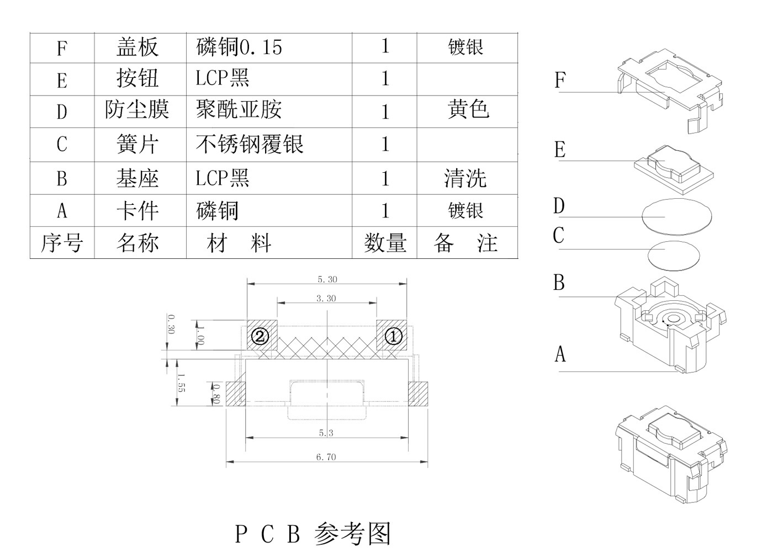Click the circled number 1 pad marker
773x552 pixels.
tap(393, 336)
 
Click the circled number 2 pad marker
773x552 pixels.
tap(260, 336)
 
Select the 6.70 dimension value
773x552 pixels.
tap(326, 457)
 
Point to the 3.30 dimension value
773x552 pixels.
tap(326, 299)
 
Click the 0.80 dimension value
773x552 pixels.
tap(216, 394)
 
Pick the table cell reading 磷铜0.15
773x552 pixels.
tap(239, 47)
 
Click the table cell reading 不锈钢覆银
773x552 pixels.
tap(250, 144)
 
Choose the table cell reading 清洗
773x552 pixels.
tap(465, 178)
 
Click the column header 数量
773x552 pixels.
tap(385, 243)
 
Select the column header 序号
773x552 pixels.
tap(62, 243)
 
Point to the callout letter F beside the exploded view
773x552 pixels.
tap(560, 81)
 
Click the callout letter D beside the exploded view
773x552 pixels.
tap(559, 206)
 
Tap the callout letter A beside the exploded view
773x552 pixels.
tap(560, 354)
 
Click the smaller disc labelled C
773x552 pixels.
tap(672, 256)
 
